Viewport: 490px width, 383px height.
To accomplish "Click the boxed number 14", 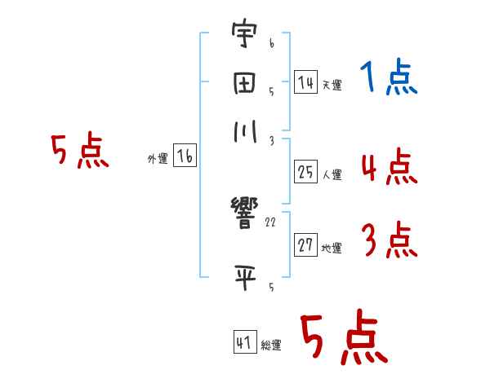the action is pos(305,82).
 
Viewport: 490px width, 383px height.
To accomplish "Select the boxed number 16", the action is pos(185,157).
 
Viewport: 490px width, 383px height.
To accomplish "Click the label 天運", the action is pos(332,85).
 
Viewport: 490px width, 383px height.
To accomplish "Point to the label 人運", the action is pos(332,174).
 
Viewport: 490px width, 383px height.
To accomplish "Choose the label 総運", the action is pos(271,345).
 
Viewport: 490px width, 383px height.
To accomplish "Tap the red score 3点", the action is pos(389,241).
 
